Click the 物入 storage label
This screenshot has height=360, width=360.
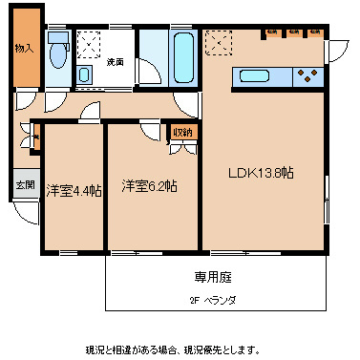(x=22, y=47)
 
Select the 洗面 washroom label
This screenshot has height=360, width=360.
(x=116, y=62)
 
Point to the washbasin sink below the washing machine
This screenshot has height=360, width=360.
(x=85, y=74)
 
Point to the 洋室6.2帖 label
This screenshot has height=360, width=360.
(x=148, y=185)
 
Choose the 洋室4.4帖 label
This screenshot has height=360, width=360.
(x=73, y=189)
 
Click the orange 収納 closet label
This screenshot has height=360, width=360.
(x=182, y=132)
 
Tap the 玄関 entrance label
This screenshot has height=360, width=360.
(x=24, y=185)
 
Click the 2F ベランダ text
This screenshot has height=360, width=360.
(x=212, y=300)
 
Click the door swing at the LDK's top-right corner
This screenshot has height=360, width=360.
(x=336, y=48)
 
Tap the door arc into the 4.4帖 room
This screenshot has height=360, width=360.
(x=90, y=111)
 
